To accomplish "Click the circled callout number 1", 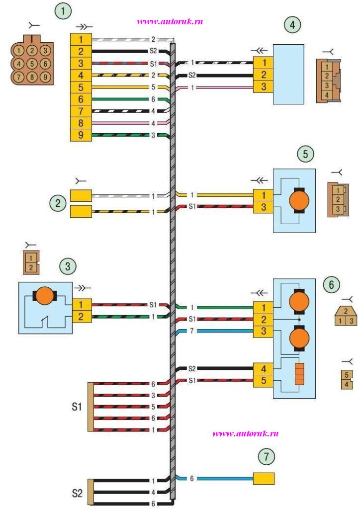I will [63, 11].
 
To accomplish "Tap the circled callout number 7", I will [266, 455].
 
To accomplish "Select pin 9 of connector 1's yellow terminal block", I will [80, 135].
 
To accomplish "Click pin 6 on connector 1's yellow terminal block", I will [80, 99].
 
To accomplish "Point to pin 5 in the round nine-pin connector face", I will [31, 64].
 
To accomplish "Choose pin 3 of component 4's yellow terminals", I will [263, 87].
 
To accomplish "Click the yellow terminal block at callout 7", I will [264, 479].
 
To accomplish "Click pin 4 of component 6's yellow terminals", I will [263, 369].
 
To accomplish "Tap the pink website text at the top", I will [170, 21].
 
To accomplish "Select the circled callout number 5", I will [305, 154].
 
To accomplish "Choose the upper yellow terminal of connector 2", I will [80, 196].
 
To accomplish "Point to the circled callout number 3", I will [68, 266].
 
